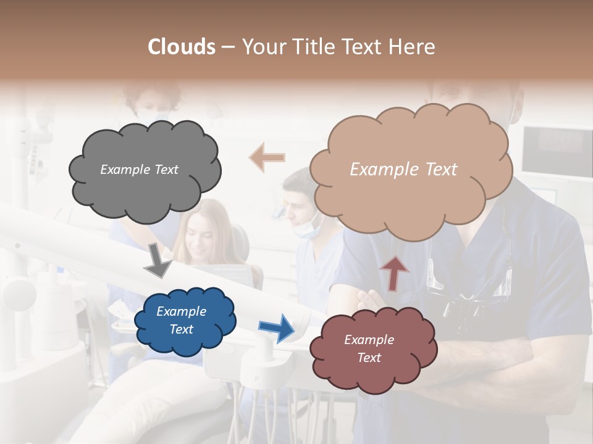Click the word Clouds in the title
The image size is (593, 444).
coord(182,47)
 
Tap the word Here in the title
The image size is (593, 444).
coord(413,47)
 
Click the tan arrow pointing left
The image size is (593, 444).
coord(267,157)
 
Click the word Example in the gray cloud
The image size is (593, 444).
coord(125,170)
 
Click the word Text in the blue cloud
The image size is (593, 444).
coord(182,329)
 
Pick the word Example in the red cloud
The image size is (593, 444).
coord(369,340)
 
